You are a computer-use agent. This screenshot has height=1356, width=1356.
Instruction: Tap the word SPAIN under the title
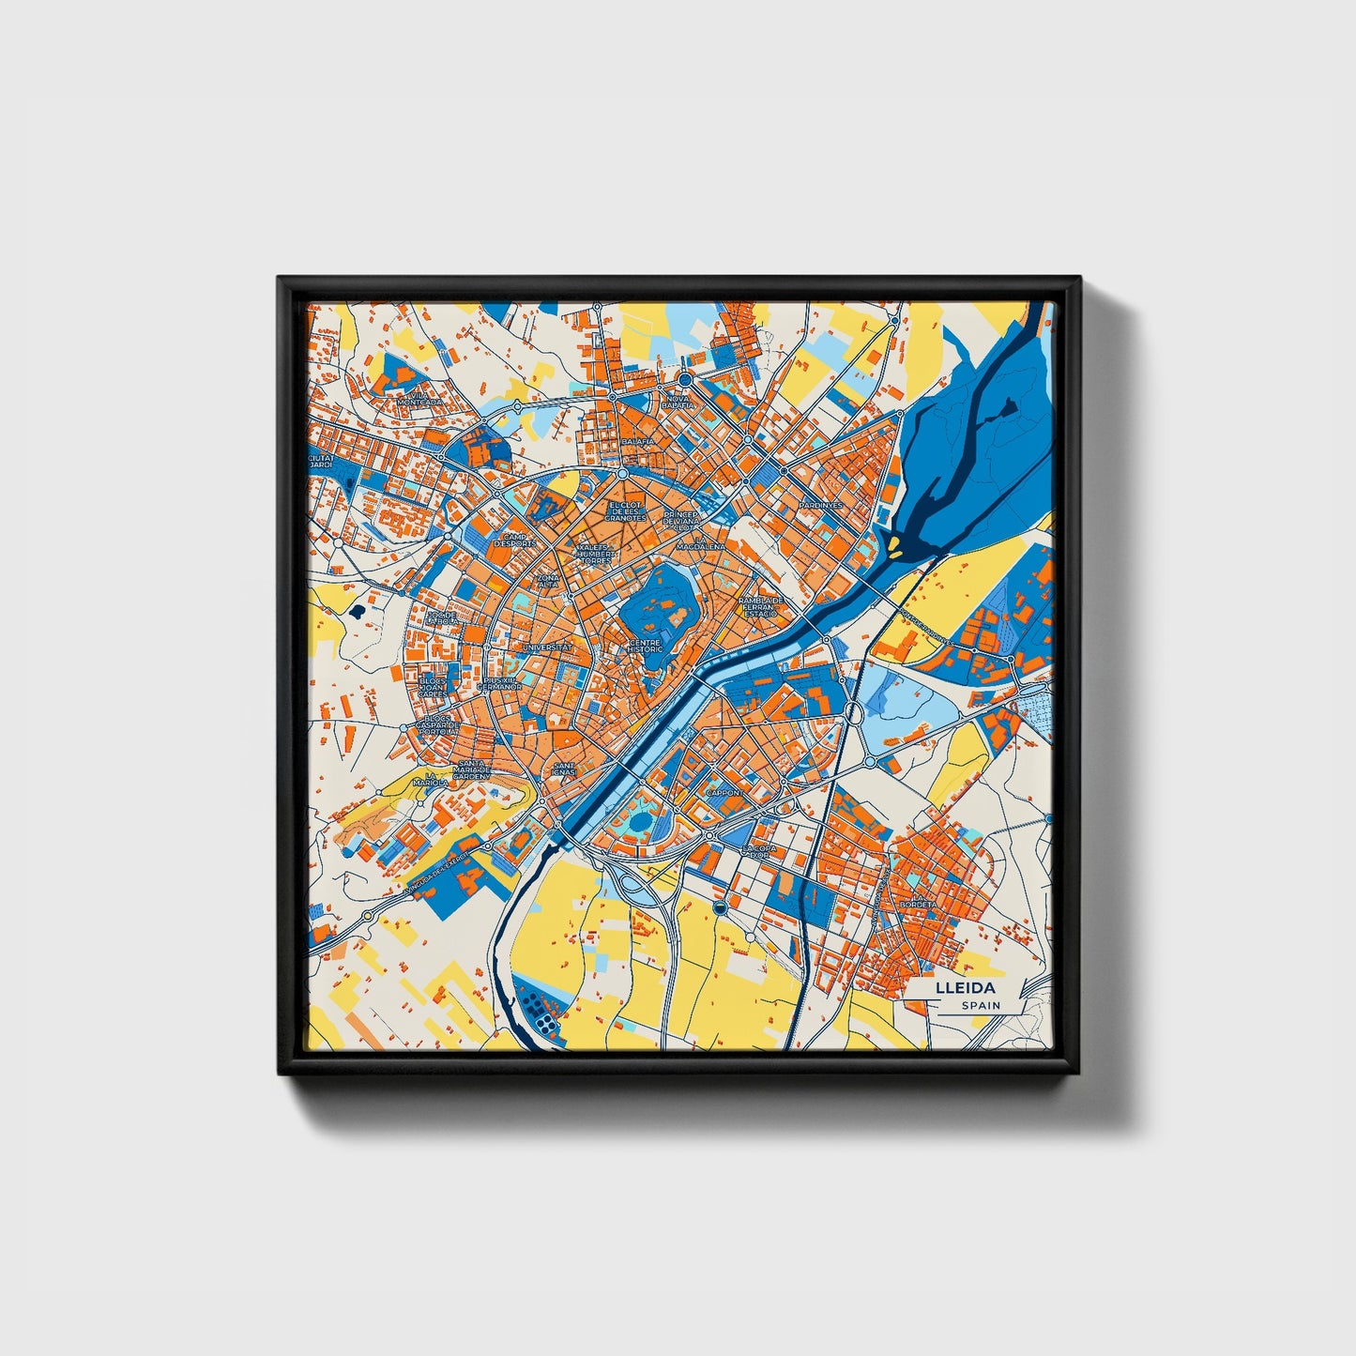(x=980, y=1006)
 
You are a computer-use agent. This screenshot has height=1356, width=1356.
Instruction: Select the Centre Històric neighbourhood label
(x=645, y=646)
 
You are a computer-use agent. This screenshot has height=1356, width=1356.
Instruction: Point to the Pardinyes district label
(x=820, y=505)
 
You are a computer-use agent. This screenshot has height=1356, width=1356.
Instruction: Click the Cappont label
(x=724, y=793)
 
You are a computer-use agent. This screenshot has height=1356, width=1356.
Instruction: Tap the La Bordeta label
(x=917, y=905)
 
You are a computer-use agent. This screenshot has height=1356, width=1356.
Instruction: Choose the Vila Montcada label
(x=419, y=397)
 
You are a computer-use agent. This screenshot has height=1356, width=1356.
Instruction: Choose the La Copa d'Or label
(x=758, y=851)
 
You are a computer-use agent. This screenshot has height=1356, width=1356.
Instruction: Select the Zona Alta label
(x=548, y=581)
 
